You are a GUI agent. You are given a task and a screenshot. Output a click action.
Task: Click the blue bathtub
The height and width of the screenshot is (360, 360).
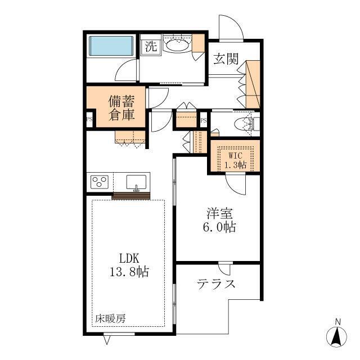pos(111,46)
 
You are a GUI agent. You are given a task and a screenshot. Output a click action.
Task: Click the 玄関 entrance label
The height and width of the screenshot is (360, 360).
pos(226,59)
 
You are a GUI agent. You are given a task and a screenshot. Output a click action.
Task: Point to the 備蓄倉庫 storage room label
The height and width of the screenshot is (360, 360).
pos(121,107)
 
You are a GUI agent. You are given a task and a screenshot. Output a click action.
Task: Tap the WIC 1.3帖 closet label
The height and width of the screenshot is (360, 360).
pos(235,160)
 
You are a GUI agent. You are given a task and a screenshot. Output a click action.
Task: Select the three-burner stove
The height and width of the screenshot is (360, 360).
pos(100,182)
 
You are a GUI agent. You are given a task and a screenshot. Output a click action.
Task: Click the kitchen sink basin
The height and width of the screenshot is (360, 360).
pos(136,182)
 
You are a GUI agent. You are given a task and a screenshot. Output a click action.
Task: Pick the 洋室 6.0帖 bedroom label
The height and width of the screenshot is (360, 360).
pos(219,220)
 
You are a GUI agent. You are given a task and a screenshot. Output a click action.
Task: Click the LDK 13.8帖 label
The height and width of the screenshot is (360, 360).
pos(129,265)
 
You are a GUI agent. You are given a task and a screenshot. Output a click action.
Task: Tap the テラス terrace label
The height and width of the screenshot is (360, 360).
pos(216,284)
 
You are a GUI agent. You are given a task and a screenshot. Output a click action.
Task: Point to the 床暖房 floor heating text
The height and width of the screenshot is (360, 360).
pos(110,318)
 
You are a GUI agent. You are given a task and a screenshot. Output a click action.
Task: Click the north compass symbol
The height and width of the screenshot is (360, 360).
pos(337,334)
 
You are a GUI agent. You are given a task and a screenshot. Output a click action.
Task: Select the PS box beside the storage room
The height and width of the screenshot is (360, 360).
pos(89,119)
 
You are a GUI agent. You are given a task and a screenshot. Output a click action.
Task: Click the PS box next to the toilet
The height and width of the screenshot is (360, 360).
pos(204,120)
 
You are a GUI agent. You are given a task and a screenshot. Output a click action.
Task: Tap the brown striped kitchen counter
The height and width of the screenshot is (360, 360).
pos(131,196)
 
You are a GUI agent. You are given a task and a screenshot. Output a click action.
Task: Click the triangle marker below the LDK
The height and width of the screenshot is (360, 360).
pos(107,340)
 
